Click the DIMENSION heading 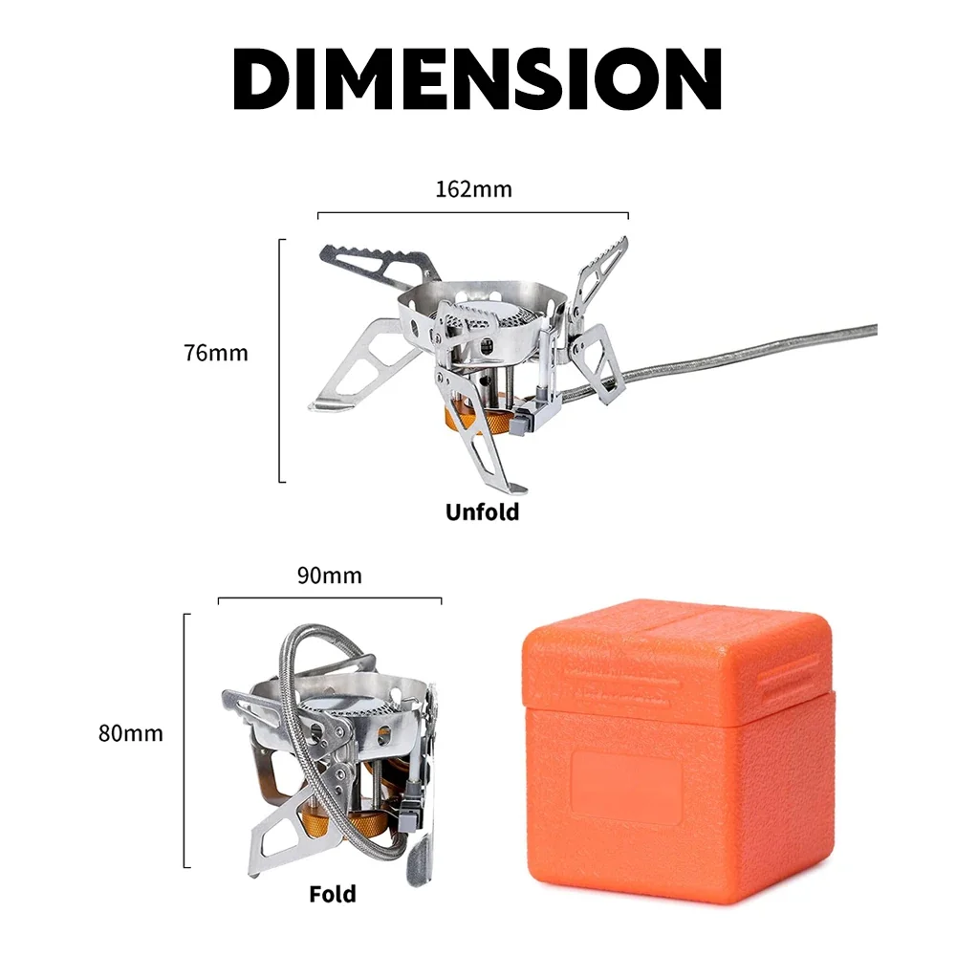coord(477,78)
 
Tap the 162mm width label coord(474,189)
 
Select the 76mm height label coord(216,353)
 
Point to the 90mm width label coord(329,576)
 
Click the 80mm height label coord(130,733)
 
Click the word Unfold coord(482,512)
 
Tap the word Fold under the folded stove coord(333,895)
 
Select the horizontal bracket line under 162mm coord(473,213)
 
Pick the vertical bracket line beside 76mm coord(280,360)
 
